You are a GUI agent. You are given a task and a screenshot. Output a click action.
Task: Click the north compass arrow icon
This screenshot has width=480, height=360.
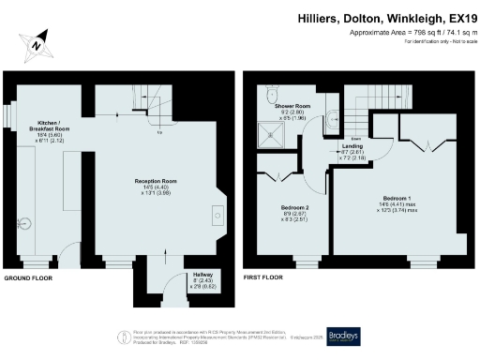(x=36, y=44)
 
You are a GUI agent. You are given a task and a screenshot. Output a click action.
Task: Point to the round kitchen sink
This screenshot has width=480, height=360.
(x=25, y=223)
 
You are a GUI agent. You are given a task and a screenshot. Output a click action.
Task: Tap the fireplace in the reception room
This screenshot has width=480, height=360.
(x=218, y=213)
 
